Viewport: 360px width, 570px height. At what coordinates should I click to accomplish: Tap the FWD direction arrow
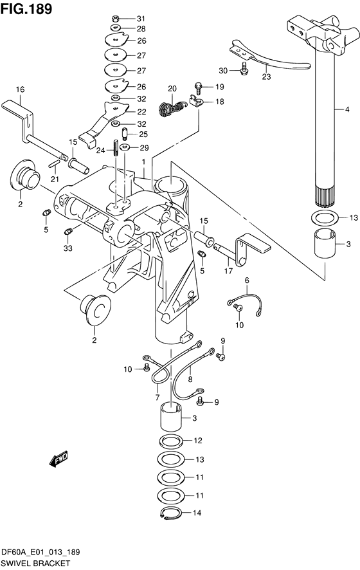(x=58, y=459)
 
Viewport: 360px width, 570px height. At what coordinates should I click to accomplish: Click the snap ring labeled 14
(x=168, y=513)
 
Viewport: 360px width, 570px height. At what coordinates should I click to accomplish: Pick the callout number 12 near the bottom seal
(x=198, y=441)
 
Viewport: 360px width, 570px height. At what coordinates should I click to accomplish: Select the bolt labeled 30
(x=244, y=71)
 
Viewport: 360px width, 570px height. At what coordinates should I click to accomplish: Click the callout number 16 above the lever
(x=20, y=89)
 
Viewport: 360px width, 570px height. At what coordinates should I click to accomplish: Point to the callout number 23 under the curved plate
(x=266, y=77)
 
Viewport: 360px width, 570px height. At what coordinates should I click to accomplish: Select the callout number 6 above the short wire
(x=246, y=280)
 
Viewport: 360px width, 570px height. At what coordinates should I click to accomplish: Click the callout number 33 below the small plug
(x=67, y=248)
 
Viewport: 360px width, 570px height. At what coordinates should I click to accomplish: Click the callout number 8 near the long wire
(x=190, y=380)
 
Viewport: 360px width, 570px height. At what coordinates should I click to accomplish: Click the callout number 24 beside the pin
(x=100, y=151)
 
